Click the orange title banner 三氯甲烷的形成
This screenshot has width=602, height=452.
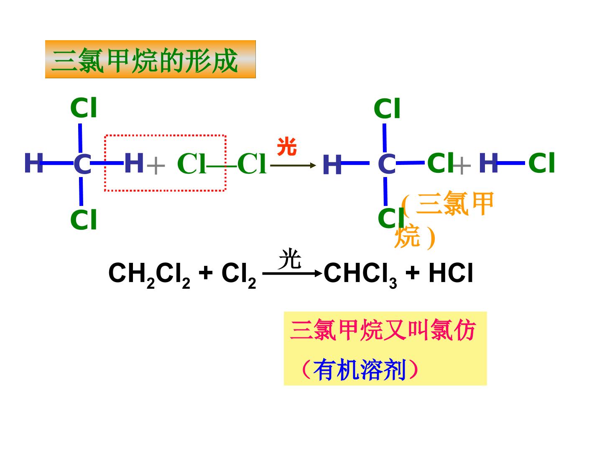tap(150, 59)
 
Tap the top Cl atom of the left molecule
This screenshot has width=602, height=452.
tap(83, 108)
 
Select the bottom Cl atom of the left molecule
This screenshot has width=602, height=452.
tap(83, 219)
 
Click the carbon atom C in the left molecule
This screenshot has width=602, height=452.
tap(82, 164)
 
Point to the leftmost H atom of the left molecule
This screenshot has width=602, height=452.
tap(34, 163)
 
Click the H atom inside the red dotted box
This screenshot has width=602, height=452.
tap(134, 163)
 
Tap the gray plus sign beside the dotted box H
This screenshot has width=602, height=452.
tap(156, 165)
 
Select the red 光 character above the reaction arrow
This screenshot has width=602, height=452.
tap(287, 146)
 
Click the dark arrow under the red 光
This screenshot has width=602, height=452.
tap(293, 165)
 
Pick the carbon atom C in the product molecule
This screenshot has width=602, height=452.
tap(387, 164)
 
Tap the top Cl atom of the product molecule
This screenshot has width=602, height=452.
tap(387, 108)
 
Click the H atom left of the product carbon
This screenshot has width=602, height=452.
tap(332, 164)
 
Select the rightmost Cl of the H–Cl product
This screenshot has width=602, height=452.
tap(541, 162)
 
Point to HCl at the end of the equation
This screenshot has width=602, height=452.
tap(451, 272)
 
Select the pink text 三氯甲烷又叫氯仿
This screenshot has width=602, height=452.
tap(383, 330)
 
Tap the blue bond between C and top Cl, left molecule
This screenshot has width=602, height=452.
tap(80, 138)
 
